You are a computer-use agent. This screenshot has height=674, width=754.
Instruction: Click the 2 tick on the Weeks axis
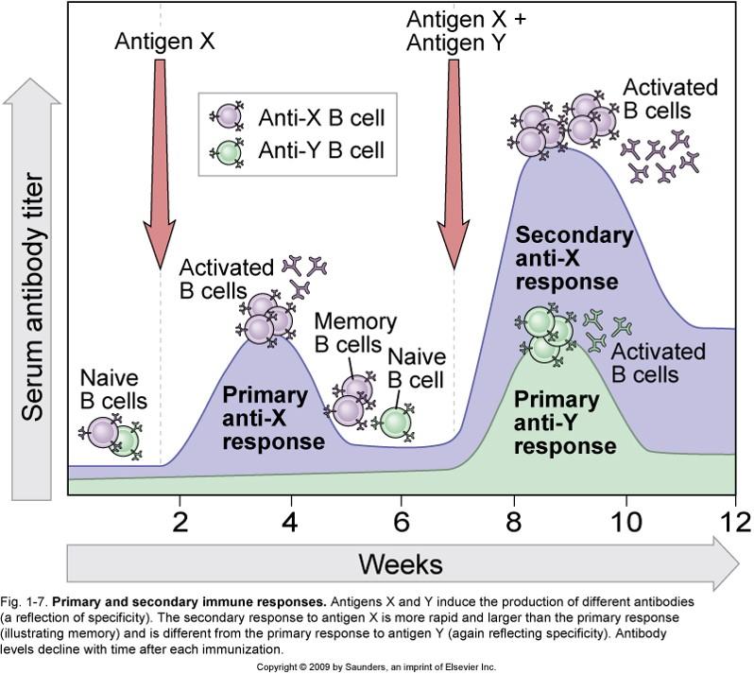pyautogui.click(x=180, y=521)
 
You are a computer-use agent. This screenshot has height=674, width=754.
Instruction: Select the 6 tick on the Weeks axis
pyautogui.click(x=403, y=521)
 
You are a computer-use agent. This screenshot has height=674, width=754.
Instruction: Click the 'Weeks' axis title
pyautogui.click(x=401, y=564)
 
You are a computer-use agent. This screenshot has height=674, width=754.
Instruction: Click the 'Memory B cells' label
pyautogui.click(x=348, y=332)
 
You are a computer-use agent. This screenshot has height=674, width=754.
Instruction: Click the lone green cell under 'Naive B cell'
pyautogui.click(x=395, y=422)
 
